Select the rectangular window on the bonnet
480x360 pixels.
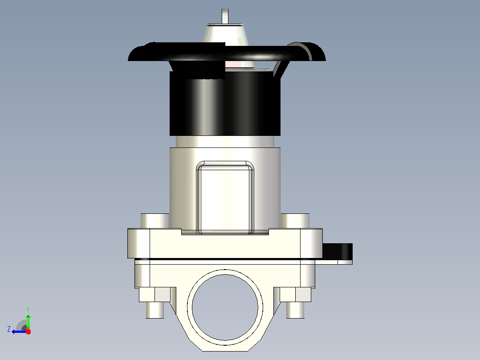pyautogui.click(x=225, y=198)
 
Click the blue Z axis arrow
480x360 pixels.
pyautogui.click(x=19, y=331)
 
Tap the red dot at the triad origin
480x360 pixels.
pyautogui.click(x=28, y=331)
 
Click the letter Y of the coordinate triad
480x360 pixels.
pyautogui.click(x=28, y=310)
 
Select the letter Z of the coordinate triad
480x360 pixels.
pyautogui.click(x=9, y=329)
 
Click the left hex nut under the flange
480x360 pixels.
pyautogui.click(x=155, y=295)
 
